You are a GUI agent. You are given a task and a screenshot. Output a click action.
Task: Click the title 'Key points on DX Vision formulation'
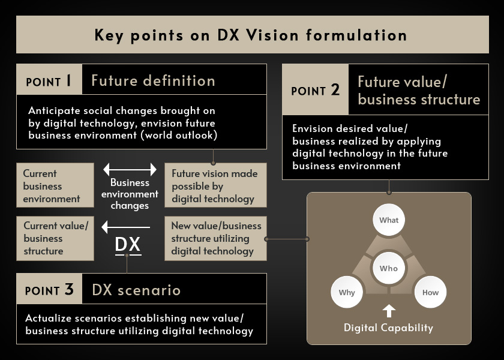[251, 35]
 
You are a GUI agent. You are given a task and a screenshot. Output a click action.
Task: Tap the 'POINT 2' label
[315, 90]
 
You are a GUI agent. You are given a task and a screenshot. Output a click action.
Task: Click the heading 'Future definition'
[153, 80]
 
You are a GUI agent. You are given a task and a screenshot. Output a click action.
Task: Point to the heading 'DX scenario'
[136, 290]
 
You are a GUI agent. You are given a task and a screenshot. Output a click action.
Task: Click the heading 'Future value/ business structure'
[419, 90]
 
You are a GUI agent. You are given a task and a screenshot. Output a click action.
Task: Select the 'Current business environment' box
[55, 185]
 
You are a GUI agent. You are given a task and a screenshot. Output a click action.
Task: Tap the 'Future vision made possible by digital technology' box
[215, 185]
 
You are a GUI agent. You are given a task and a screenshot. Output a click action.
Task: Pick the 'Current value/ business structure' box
[55, 238]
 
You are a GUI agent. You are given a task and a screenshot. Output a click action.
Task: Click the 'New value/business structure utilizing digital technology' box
[215, 238]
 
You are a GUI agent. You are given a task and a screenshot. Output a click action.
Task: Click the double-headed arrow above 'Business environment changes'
[130, 169]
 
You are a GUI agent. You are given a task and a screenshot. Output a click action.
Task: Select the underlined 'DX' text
[128, 245]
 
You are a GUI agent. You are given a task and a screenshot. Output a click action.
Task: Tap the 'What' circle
[389, 220]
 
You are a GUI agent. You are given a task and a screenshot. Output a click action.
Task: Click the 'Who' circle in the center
[389, 268]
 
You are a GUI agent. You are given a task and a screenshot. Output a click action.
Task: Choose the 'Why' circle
[347, 292]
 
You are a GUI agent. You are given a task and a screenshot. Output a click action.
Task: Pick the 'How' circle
[430, 292]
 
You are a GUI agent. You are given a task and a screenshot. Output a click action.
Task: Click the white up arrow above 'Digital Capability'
[389, 311]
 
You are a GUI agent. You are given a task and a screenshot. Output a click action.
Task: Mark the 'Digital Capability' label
[388, 328]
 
